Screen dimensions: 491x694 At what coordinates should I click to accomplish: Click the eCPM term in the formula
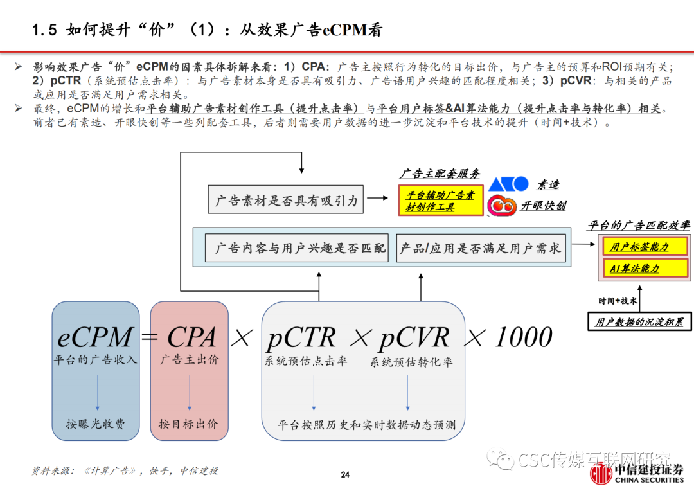[x=95, y=337]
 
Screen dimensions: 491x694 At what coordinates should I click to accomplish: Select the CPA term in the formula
[x=191, y=337]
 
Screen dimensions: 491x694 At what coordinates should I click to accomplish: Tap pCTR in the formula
[x=301, y=337]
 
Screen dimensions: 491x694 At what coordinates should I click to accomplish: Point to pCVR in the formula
[x=414, y=337]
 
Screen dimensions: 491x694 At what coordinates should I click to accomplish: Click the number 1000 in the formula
[x=523, y=337]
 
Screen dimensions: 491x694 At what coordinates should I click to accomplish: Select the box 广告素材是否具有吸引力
[x=286, y=201]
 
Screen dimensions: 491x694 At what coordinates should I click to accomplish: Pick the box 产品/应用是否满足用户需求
[x=480, y=248]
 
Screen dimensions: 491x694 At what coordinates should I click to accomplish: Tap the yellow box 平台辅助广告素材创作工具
[x=440, y=201]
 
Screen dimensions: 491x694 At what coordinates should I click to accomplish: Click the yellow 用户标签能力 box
[x=645, y=247]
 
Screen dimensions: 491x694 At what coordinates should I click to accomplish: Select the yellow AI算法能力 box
[x=645, y=269]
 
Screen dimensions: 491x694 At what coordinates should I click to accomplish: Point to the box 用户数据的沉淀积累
[x=639, y=321]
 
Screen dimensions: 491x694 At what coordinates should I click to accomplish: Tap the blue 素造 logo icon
[x=508, y=184]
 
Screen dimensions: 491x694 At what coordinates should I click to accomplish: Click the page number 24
[x=345, y=475]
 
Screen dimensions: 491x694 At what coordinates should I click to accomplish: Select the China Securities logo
[x=637, y=474]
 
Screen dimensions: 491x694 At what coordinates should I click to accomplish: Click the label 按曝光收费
[x=95, y=424]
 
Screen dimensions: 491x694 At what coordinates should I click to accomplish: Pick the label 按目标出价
[x=188, y=424]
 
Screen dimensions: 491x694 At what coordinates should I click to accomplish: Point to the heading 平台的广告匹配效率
[x=639, y=225]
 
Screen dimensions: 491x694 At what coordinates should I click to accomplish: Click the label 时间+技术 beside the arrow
[x=618, y=301]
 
